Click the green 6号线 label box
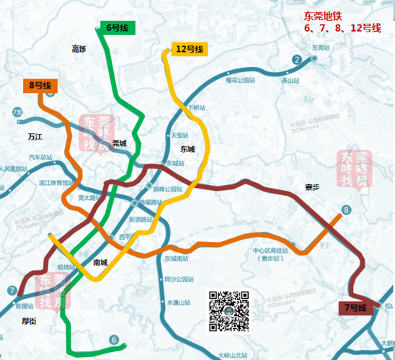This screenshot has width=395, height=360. (117, 28)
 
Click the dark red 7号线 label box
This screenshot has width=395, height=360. (355, 308)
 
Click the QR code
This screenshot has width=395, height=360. (229, 312)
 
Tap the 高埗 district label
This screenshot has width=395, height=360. (79, 49)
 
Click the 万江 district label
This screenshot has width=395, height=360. (35, 135)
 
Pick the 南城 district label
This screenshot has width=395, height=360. (102, 262)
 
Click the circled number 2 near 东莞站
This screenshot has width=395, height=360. (296, 59)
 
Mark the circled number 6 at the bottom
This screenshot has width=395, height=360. (113, 339)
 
